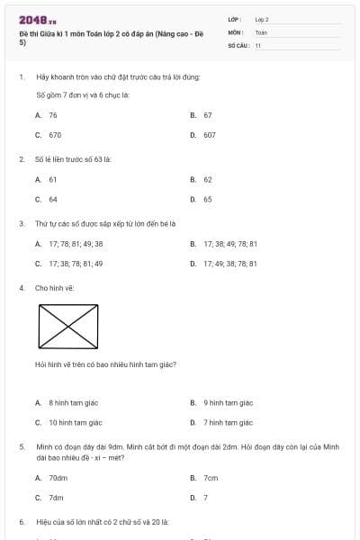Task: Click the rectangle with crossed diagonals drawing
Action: pyautogui.click(x=68, y=324)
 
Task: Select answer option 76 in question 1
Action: pyautogui.click(x=53, y=115)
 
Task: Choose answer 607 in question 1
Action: pyautogui.click(x=209, y=134)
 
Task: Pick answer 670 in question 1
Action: pyautogui.click(x=55, y=134)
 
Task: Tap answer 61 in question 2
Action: pyautogui.click(x=53, y=179)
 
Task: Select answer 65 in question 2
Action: pyautogui.click(x=208, y=199)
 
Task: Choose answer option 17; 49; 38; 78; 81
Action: pyautogui.click(x=230, y=264)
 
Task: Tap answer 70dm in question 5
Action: pyautogui.click(x=58, y=478)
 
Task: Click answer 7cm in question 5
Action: pyautogui.click(x=211, y=478)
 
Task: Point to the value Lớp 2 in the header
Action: pyautogui.click(x=262, y=19)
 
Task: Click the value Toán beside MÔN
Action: pyautogui.click(x=261, y=31)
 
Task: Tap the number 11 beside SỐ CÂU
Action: pyautogui.click(x=258, y=44)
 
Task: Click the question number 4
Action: pyautogui.click(x=21, y=288)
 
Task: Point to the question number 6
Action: pyautogui.click(x=21, y=521)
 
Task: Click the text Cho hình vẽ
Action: pyautogui.click(x=54, y=288)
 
